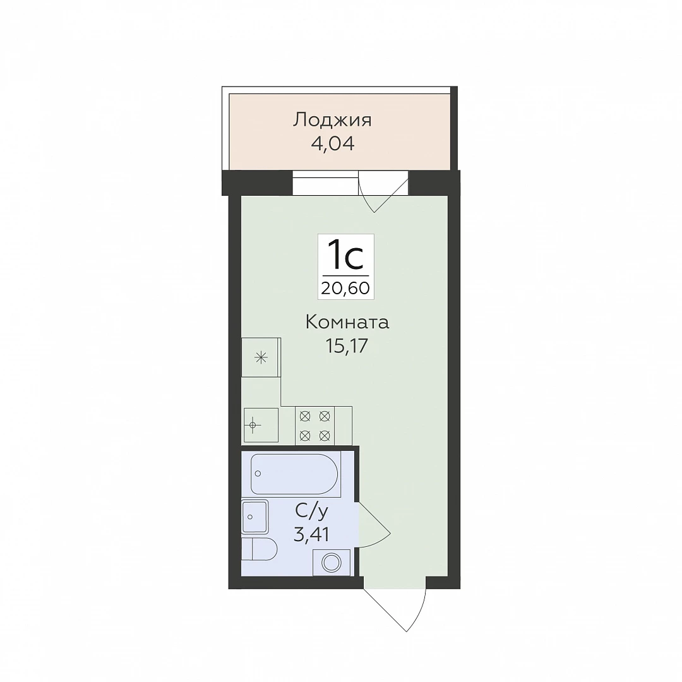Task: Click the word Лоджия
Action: click(x=332, y=120)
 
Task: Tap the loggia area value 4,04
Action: click(x=333, y=143)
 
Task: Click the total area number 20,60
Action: click(x=346, y=288)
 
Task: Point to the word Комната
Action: click(x=347, y=323)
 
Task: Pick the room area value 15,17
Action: click(x=347, y=346)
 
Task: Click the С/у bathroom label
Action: click(x=311, y=512)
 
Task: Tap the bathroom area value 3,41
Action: click(x=311, y=535)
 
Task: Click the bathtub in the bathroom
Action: click(x=294, y=474)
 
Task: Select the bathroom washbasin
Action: click(x=255, y=517)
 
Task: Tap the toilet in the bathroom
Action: click(x=260, y=549)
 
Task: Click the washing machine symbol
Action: click(x=332, y=563)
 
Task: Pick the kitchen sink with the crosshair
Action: click(x=261, y=425)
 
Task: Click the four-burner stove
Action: click(x=315, y=426)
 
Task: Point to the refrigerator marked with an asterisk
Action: click(x=261, y=357)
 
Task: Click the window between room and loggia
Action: click(x=325, y=182)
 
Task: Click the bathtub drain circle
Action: click(x=258, y=473)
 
